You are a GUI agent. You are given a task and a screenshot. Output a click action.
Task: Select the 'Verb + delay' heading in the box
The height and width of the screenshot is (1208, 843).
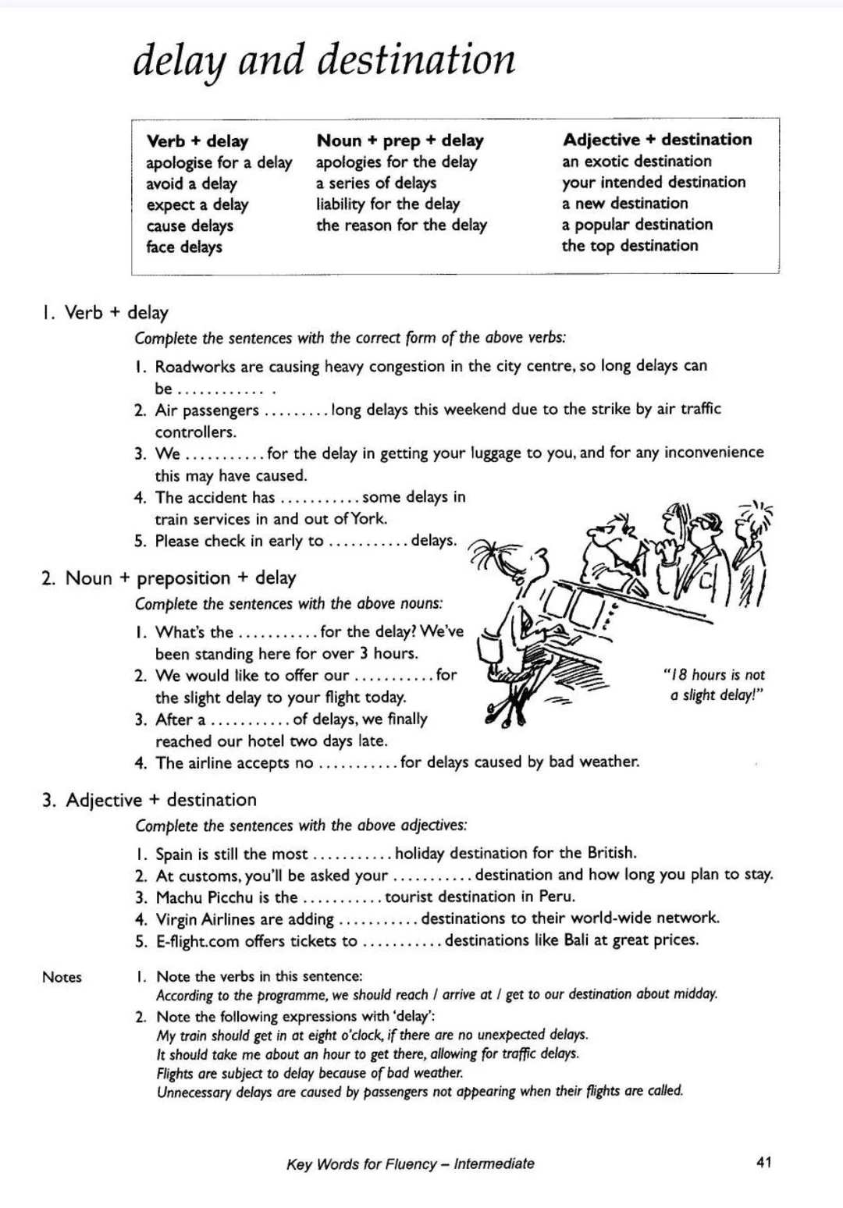click(x=197, y=141)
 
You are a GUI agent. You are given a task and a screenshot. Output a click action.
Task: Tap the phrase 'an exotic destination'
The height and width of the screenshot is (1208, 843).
click(x=636, y=162)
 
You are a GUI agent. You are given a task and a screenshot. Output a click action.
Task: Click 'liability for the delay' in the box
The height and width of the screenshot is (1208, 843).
click(x=388, y=204)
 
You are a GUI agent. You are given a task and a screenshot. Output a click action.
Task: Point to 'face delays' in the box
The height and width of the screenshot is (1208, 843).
click(x=184, y=247)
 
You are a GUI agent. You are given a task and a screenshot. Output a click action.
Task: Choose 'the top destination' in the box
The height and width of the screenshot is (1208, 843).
click(x=630, y=246)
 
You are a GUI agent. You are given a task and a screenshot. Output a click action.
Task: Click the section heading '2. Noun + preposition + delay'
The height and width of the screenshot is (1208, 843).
click(x=169, y=578)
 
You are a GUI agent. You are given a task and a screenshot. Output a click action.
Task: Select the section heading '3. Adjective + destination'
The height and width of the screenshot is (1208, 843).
click(x=149, y=800)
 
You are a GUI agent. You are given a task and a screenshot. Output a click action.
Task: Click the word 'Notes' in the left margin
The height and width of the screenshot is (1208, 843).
click(x=62, y=977)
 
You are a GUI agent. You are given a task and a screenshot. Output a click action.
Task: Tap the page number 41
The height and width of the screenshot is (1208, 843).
click(x=764, y=1163)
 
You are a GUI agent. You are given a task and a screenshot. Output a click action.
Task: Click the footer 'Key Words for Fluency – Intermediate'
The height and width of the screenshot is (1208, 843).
click(x=411, y=1164)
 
